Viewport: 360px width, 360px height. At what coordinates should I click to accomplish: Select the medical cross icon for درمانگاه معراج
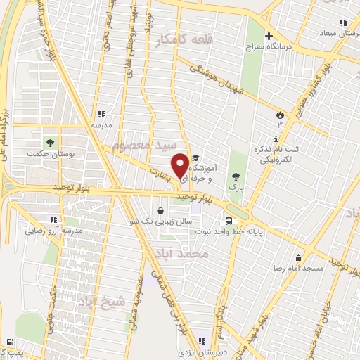coord(268,36)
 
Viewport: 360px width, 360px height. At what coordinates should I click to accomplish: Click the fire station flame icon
coord(281,115)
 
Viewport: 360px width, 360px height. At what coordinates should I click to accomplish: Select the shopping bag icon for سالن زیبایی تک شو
coord(161,210)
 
